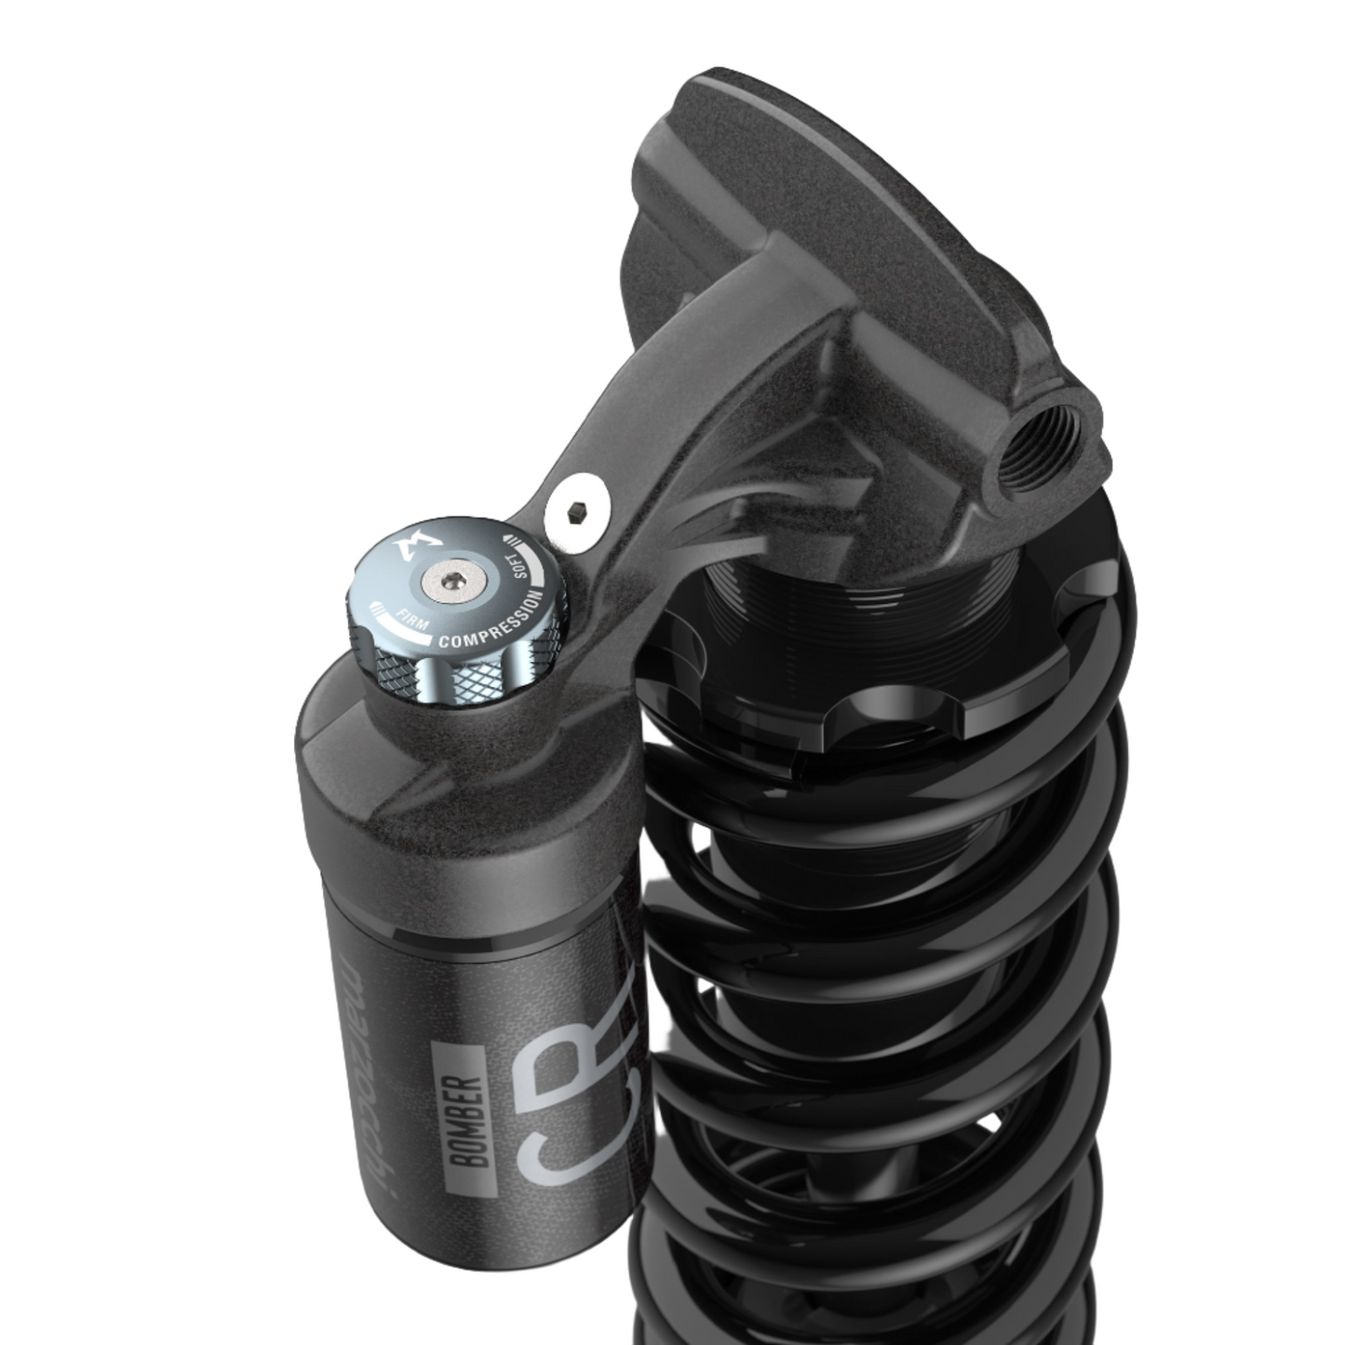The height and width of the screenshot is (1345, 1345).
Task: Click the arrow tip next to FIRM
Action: [375, 606]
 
